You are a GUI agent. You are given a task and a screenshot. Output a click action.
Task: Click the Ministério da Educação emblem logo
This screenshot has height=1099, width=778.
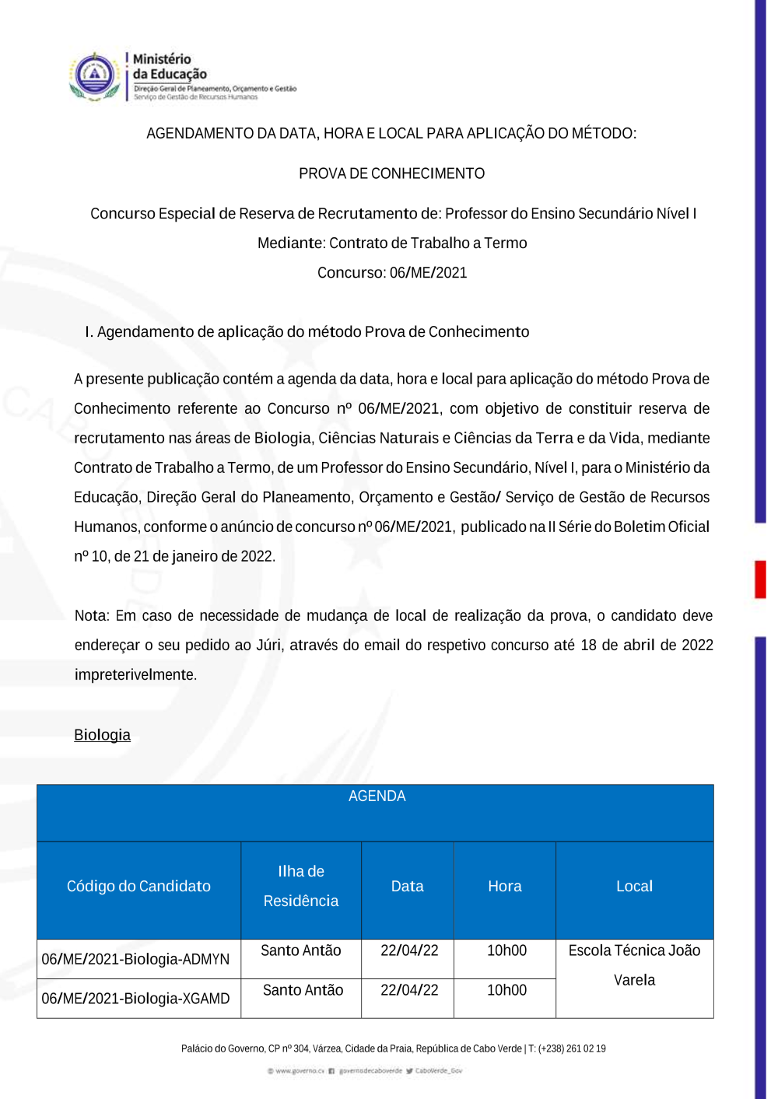click(94, 76)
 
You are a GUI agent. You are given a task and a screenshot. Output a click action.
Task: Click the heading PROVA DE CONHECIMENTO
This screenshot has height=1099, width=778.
click(391, 173)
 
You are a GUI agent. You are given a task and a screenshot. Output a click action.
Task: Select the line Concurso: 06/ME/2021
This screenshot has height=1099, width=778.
click(391, 273)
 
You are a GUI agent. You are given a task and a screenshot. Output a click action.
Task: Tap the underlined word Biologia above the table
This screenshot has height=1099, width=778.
click(102, 735)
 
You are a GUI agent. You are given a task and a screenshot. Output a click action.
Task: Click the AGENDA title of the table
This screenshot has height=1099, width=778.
click(377, 796)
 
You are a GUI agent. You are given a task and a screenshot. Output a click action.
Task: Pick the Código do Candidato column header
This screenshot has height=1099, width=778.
click(138, 887)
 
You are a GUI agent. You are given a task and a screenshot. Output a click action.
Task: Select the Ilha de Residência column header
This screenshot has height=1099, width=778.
click(301, 887)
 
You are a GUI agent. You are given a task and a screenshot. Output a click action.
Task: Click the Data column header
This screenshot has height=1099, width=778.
click(407, 887)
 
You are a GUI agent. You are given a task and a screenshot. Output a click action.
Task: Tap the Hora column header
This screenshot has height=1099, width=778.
click(504, 887)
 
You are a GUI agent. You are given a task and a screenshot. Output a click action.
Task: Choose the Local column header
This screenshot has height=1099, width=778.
click(634, 887)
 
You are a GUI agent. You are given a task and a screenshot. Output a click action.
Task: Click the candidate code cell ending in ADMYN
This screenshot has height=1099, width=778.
click(135, 960)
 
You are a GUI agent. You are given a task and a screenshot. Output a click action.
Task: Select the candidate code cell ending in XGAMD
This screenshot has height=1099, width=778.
click(135, 999)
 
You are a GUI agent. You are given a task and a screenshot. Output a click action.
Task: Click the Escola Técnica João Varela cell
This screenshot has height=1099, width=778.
click(634, 965)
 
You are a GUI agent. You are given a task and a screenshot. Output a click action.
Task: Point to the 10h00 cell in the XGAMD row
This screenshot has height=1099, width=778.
click(506, 990)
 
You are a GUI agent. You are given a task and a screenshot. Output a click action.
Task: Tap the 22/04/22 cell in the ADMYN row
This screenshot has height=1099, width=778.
click(409, 950)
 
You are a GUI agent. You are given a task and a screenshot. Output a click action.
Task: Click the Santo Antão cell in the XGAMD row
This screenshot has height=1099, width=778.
click(303, 990)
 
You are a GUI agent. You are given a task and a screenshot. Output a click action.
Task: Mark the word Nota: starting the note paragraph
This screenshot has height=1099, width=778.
click(93, 616)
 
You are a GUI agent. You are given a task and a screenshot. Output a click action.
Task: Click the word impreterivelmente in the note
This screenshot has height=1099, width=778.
click(135, 675)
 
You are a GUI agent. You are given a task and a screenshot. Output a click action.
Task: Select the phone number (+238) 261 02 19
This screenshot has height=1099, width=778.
click(572, 1048)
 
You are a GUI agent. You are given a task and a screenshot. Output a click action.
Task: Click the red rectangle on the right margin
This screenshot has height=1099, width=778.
click(760, 579)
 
